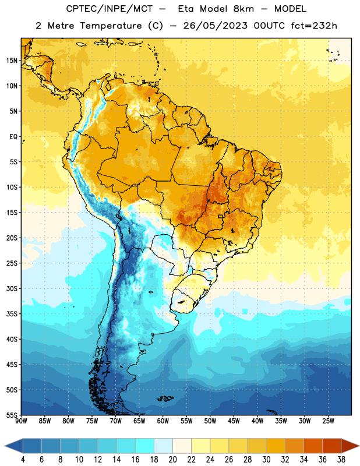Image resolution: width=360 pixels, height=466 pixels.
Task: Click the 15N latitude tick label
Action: pos(12,61)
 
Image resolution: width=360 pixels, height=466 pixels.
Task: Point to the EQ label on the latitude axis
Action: pos(13,137)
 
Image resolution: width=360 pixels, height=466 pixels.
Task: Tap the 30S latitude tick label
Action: pos(12,289)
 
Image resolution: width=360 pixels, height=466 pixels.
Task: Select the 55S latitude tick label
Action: pos(12,415)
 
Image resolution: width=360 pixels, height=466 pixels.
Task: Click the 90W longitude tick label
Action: pos(21,421)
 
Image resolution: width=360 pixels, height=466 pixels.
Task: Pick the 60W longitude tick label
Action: pos(163,421)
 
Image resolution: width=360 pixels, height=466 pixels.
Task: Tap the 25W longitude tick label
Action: pos(328,421)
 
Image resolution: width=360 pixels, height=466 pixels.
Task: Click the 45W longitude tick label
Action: pos(234,421)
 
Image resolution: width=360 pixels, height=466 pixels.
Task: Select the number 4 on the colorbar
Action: pos(23,460)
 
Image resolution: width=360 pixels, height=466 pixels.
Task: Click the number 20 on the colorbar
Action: pos(172,460)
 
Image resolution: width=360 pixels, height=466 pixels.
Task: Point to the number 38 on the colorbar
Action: pos(341,460)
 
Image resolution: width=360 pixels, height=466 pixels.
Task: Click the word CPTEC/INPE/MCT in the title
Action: pos(110,9)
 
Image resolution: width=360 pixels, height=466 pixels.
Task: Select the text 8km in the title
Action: pos(243,9)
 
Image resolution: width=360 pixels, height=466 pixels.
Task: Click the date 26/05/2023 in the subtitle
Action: pos(215,26)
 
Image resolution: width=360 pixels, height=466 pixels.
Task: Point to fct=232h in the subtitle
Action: pos(314,26)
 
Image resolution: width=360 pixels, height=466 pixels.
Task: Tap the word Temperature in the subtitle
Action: pos(111,26)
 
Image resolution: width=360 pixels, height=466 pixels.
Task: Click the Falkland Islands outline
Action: pos(165,398)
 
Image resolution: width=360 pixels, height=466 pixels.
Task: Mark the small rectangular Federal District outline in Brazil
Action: pos(221,217)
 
